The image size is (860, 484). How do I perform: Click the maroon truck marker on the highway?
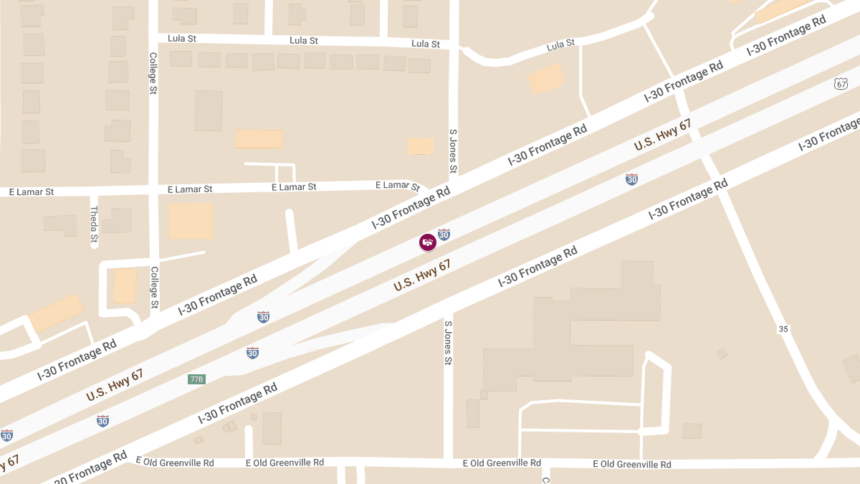(427, 242)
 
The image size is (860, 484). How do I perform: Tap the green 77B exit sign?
(196, 379)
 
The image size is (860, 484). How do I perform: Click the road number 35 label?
(783, 328)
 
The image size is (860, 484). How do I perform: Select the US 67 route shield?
(841, 84)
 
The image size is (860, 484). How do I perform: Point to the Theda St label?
(94, 223)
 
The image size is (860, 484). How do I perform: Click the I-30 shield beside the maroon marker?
(444, 234)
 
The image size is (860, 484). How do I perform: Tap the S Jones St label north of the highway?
(453, 151)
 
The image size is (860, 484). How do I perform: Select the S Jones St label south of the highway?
(448, 343)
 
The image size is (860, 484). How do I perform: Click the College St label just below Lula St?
(153, 72)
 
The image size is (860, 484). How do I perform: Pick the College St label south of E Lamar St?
(154, 288)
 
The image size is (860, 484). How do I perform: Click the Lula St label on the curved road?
(560, 45)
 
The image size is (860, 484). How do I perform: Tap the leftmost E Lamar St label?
(31, 192)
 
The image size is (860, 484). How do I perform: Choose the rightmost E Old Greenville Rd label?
(631, 464)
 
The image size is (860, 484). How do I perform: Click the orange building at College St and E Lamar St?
(191, 220)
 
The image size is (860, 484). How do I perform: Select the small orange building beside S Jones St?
(421, 146)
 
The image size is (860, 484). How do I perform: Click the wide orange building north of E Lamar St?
(259, 138)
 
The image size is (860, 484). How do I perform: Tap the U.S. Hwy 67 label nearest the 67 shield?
(662, 135)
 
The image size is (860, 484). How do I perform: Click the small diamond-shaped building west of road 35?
(722, 353)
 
